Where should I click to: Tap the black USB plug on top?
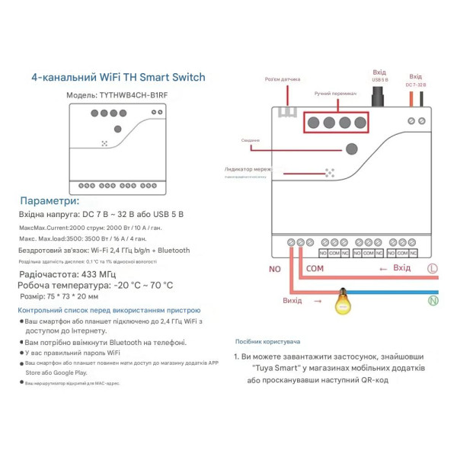click(x=376, y=97)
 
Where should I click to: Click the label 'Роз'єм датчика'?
click(x=283, y=78)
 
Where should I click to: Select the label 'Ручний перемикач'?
click(x=334, y=94)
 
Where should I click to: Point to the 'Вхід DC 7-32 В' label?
click(x=415, y=80)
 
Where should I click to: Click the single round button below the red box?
click(x=351, y=149)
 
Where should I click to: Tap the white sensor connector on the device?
click(x=287, y=113)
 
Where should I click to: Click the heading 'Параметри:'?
click(x=49, y=201)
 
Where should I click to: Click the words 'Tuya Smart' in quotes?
click(x=273, y=368)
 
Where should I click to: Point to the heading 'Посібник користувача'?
click(x=267, y=342)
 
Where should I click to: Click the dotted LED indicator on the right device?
click(x=330, y=173)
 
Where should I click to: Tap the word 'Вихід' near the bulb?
click(x=292, y=301)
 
